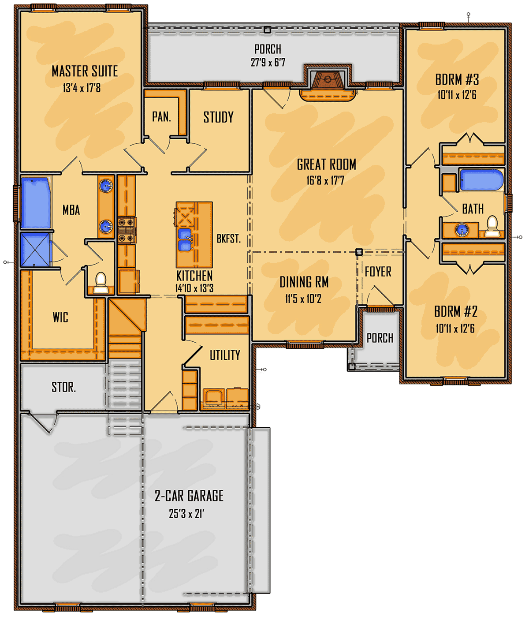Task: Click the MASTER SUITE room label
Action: [85, 71]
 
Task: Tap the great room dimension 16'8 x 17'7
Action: [325, 180]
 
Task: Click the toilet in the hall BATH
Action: [492, 226]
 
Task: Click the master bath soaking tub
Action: [36, 203]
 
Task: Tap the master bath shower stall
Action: [35, 250]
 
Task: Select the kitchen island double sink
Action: [185, 239]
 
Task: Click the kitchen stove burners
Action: [127, 230]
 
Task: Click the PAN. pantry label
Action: [162, 117]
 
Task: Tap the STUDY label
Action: [219, 117]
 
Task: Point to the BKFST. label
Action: [229, 239]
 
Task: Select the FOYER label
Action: [378, 272]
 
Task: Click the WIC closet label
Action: [60, 317]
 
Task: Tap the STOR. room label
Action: [63, 387]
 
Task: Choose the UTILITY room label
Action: [225, 355]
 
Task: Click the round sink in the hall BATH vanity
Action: [462, 230]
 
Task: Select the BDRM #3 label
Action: [457, 80]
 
